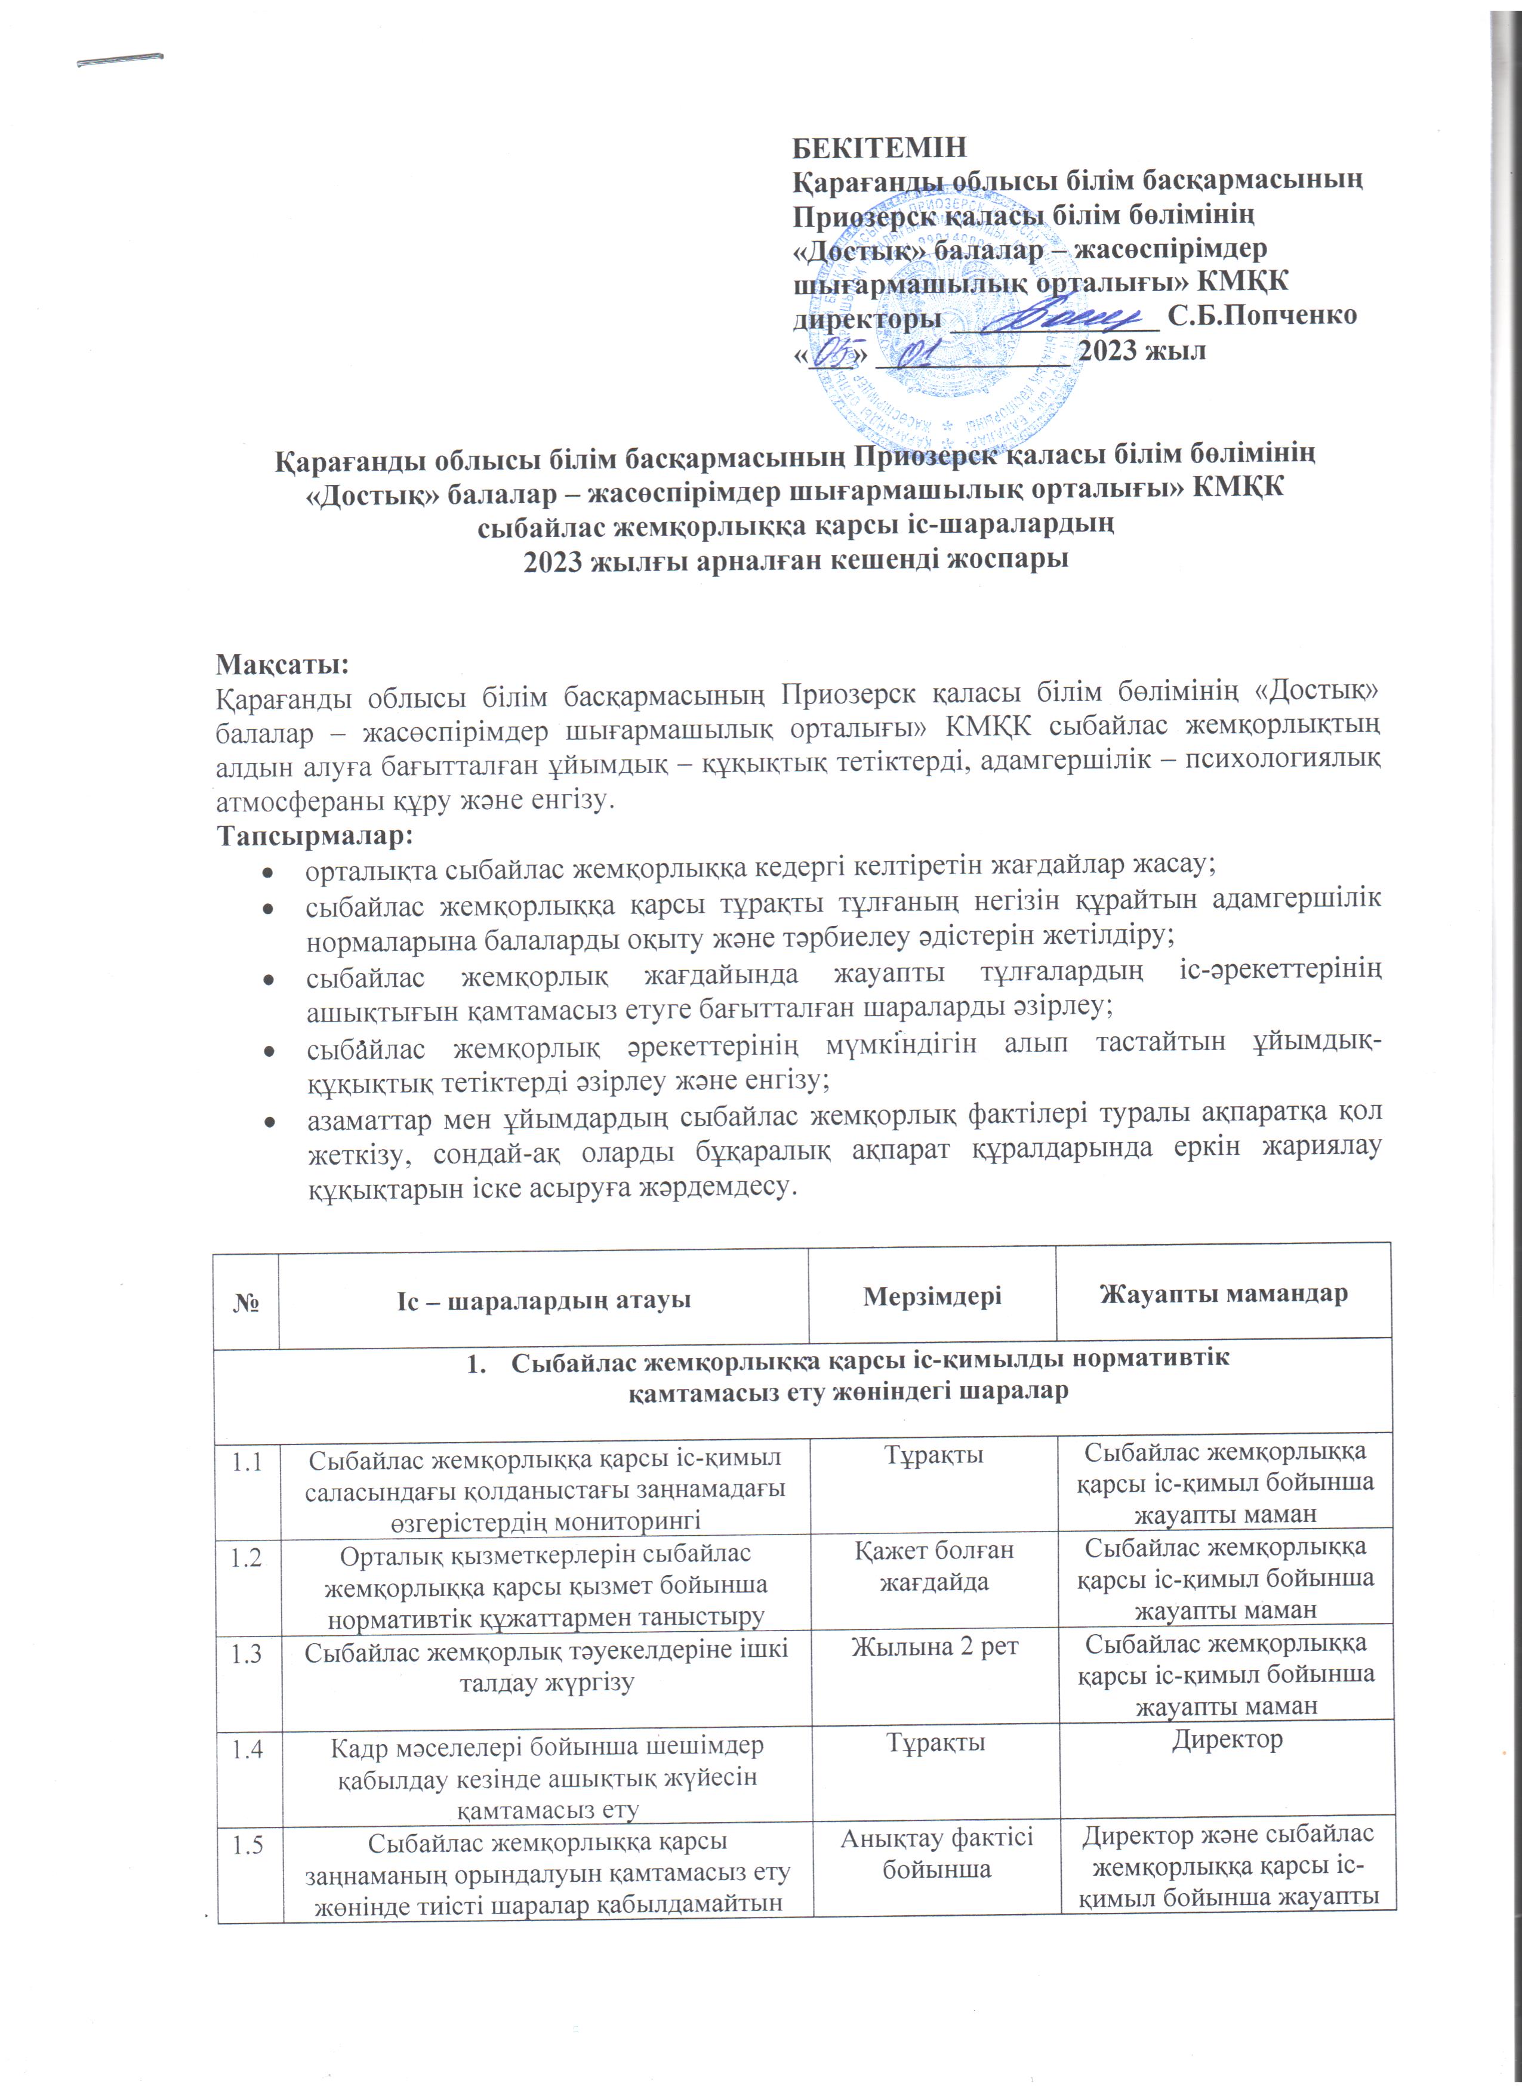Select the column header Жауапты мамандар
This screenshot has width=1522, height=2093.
tap(1223, 1294)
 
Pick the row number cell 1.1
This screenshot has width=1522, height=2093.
tap(247, 1461)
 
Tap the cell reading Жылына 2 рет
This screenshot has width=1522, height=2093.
tap(934, 1646)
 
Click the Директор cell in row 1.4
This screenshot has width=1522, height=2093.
tap(1227, 1740)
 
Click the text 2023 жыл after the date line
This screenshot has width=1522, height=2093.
tap(1142, 351)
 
